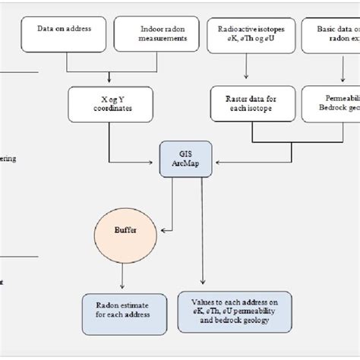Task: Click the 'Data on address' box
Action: pyautogui.click(x=65, y=34)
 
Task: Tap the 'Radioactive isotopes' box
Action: pyautogui.click(x=247, y=34)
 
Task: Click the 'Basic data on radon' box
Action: pyautogui.click(x=331, y=34)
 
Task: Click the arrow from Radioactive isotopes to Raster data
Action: pyautogui.click(x=245, y=68)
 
